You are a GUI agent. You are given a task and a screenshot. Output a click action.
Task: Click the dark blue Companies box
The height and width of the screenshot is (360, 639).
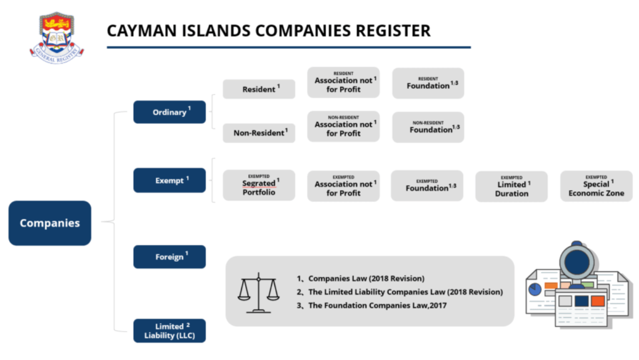pos(49,223)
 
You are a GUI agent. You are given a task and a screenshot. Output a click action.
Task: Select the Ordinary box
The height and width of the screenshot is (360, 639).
pos(169,112)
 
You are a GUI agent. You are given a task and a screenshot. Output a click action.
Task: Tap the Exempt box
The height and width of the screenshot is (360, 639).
pos(169,181)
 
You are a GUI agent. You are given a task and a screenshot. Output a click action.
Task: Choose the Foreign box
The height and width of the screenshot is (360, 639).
pos(169,257)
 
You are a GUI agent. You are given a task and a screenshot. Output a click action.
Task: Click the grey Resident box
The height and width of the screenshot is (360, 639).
pos(259,89)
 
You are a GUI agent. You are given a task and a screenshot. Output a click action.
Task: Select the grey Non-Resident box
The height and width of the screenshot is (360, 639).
pos(259,132)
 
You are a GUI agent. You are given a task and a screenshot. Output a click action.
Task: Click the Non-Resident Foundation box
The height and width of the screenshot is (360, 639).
pos(428,127)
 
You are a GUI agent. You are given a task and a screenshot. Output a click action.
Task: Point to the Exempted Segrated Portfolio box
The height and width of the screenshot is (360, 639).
pos(259,186)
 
